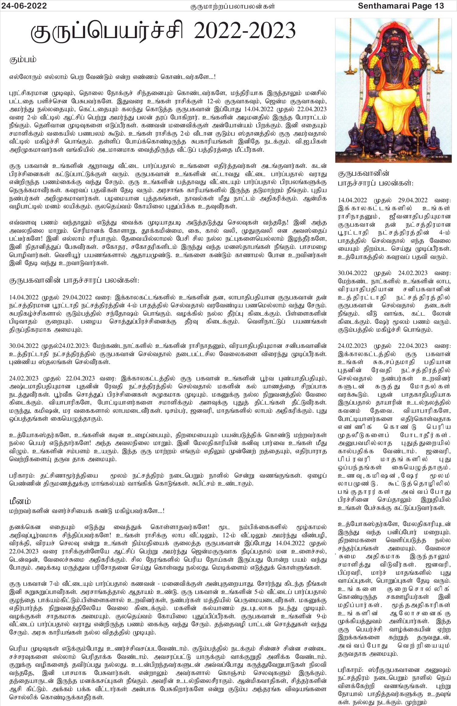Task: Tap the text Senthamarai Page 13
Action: [x=401, y=6]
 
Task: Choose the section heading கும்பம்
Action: [x=23, y=60]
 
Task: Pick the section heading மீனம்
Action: [x=20, y=501]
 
